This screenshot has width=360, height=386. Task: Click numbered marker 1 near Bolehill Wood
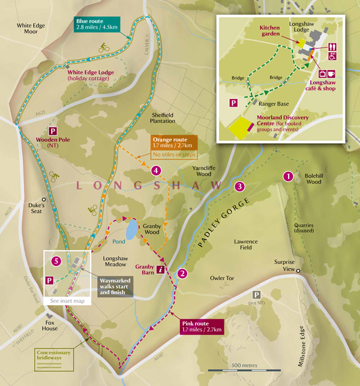(287, 176)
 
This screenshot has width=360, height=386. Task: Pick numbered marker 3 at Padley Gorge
(239, 186)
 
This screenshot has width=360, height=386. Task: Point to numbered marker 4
(156, 171)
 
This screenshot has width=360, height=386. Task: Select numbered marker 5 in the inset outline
(56, 261)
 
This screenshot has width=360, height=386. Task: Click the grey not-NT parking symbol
(257, 295)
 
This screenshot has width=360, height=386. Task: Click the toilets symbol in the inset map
(333, 47)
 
